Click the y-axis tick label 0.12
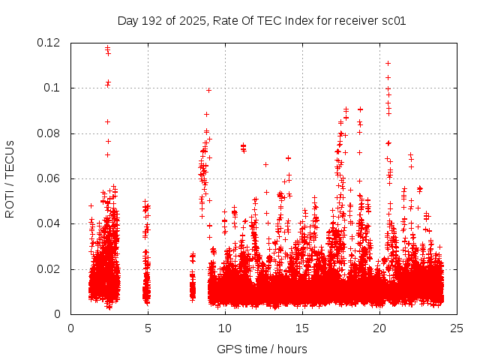coord(49,43)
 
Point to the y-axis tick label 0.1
coord(52,88)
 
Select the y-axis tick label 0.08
coord(49,133)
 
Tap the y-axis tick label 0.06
coord(49,178)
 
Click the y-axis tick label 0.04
coord(49,223)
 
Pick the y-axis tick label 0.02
coord(49,269)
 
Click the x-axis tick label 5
coord(148,328)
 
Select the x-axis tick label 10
coord(225,328)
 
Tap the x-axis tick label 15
coord(302,328)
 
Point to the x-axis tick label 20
coord(379,328)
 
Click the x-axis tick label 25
coord(457,328)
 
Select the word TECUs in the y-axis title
coord(10,159)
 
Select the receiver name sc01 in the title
coord(394,20)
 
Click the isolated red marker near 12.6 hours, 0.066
coord(265,164)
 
